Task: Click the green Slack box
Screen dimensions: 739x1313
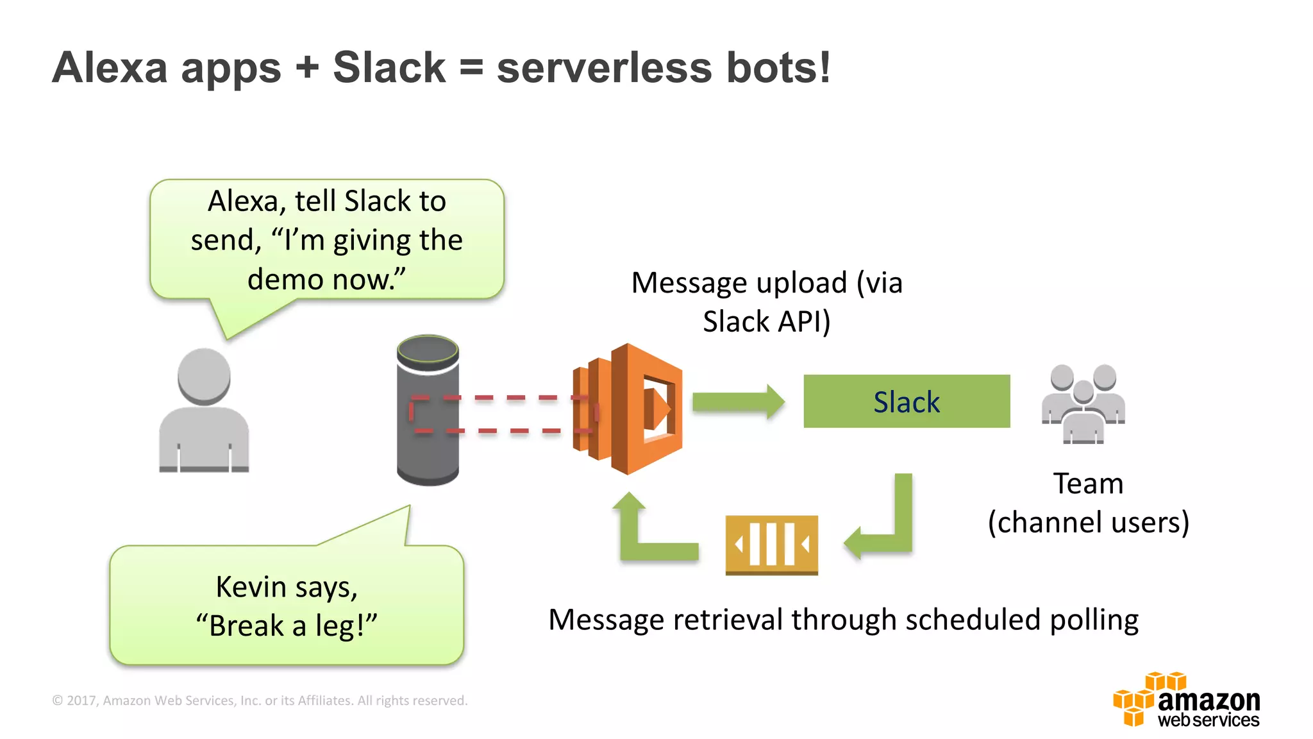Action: [x=906, y=402]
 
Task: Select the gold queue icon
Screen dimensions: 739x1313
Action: [x=771, y=545]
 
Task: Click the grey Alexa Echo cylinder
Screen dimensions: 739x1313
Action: [x=428, y=411]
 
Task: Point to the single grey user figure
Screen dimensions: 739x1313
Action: [x=204, y=411]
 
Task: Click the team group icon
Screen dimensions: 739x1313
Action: [x=1083, y=404]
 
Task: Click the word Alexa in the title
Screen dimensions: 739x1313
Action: [x=110, y=67]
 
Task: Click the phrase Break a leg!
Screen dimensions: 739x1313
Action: [x=287, y=626]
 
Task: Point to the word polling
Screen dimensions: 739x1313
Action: [x=1094, y=620]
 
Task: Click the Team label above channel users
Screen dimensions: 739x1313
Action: [x=1088, y=484]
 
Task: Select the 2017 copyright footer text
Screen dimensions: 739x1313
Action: [x=260, y=701]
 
